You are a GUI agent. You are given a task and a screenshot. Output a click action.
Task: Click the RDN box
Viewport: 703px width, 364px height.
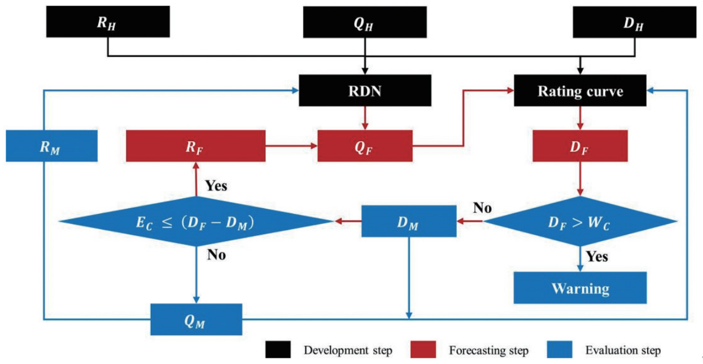point(365,91)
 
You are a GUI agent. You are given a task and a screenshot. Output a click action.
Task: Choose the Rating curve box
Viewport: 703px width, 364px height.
point(580,91)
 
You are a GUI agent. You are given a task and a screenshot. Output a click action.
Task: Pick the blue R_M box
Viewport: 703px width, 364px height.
point(52,146)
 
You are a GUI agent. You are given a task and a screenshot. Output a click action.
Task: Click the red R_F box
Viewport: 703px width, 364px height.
point(195,146)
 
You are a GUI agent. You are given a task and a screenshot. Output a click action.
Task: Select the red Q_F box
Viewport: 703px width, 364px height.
point(365,146)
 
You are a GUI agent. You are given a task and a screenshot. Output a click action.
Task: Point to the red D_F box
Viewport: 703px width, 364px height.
point(580,146)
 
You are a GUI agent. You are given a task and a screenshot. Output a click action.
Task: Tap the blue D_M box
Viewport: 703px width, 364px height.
point(409,221)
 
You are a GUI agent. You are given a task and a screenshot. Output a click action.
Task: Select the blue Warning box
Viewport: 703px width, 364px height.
point(580,288)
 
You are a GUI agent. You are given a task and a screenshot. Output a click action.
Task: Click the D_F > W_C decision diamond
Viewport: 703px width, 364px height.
point(580,221)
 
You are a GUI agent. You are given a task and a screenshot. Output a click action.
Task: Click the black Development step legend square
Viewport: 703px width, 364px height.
point(278,350)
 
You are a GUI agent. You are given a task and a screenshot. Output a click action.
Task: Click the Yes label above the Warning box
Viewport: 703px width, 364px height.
point(596,257)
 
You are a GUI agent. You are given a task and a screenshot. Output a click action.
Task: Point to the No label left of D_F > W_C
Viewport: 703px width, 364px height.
point(482,208)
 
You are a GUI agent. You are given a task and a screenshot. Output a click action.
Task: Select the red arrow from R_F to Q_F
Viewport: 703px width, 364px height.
point(291,146)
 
